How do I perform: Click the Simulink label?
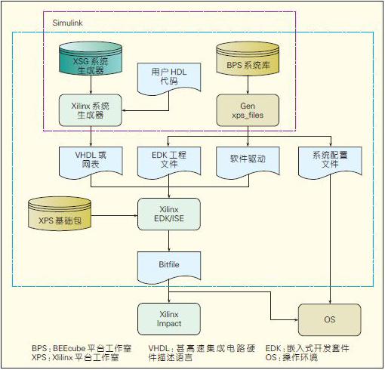click(x=67, y=23)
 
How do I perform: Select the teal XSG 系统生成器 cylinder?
click(x=91, y=58)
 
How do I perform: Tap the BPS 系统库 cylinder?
click(x=248, y=58)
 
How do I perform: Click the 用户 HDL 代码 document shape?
click(x=169, y=79)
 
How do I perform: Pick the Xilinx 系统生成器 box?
click(x=91, y=110)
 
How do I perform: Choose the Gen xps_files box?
click(x=248, y=110)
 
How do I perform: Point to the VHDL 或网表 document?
click(x=91, y=162)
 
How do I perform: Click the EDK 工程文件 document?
click(x=169, y=162)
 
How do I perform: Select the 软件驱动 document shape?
click(x=248, y=162)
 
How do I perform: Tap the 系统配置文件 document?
click(x=330, y=162)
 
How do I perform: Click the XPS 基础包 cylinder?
click(x=60, y=214)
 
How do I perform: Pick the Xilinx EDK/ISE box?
click(x=169, y=214)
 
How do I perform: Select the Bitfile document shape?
click(x=169, y=267)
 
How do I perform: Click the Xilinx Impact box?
click(x=169, y=319)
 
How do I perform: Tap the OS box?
click(x=330, y=319)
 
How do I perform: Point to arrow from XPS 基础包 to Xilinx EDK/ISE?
click(x=114, y=215)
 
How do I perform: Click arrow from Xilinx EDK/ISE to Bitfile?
click(x=169, y=241)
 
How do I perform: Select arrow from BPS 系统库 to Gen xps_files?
click(x=248, y=85)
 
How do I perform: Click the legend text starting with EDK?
click(x=307, y=349)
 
